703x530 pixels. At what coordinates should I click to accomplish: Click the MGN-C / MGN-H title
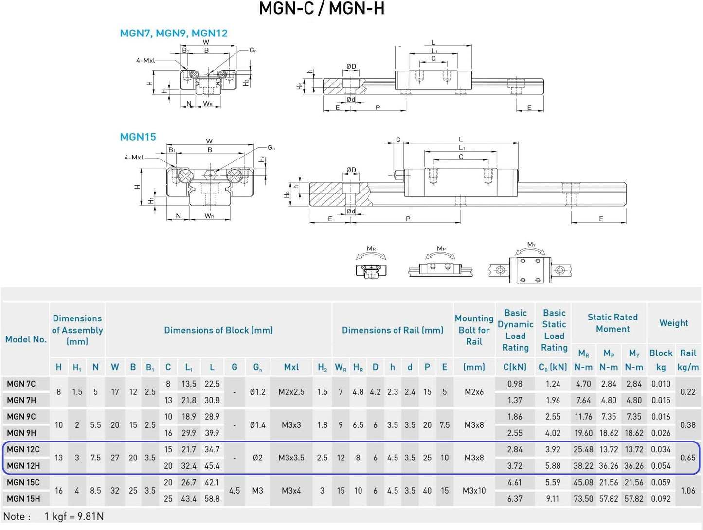(x=322, y=9)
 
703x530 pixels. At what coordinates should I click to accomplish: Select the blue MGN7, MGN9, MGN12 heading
(x=174, y=33)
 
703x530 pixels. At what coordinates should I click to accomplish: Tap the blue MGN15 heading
(x=138, y=137)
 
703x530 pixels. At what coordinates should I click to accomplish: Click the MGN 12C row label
(x=23, y=449)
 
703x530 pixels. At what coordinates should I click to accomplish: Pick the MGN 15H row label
(x=23, y=498)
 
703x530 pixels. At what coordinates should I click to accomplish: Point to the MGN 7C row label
(x=21, y=384)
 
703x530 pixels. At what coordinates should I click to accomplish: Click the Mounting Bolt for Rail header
(x=474, y=330)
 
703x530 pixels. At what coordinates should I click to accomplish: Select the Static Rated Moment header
(x=612, y=323)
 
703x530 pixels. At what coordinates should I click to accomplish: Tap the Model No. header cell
(x=26, y=339)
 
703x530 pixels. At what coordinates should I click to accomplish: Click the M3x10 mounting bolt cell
(x=474, y=491)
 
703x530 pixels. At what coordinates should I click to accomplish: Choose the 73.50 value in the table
(x=583, y=498)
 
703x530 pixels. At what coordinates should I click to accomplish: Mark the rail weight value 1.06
(x=687, y=491)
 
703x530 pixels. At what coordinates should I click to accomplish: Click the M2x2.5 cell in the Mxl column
(x=291, y=392)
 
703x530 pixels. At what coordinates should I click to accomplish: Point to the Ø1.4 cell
(x=257, y=424)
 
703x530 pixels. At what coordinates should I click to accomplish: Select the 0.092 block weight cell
(x=661, y=498)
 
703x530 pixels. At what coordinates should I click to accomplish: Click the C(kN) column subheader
(x=515, y=367)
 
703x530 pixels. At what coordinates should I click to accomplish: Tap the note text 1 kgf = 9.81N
(x=74, y=516)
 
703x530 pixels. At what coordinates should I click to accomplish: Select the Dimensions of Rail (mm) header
(x=393, y=330)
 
